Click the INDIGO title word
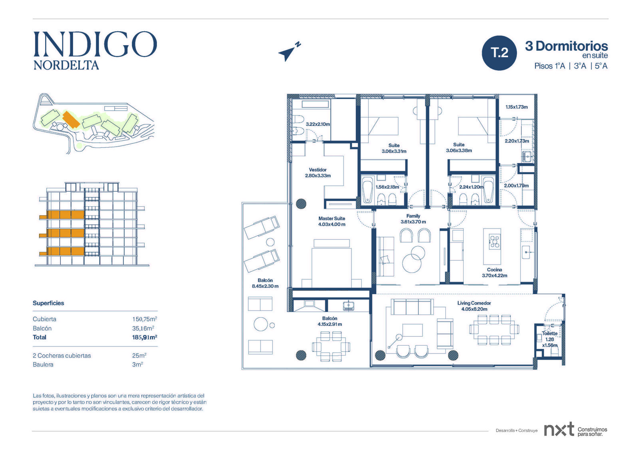tap(95, 44)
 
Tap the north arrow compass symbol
tap(289, 52)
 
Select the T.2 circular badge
tap(499, 53)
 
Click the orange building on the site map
tap(71, 119)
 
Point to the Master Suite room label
tap(332, 219)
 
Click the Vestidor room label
tap(318, 169)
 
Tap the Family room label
tap(413, 216)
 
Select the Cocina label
tap(494, 269)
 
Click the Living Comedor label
tap(474, 303)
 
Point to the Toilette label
tap(550, 333)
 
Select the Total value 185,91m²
tap(145, 337)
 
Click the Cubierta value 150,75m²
tap(145, 319)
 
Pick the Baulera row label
tap(43, 364)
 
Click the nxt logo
tap(559, 430)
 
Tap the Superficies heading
tap(48, 303)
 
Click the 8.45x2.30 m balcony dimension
tap(265, 286)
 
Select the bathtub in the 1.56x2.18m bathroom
tap(367, 190)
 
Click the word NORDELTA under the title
tap(66, 66)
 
